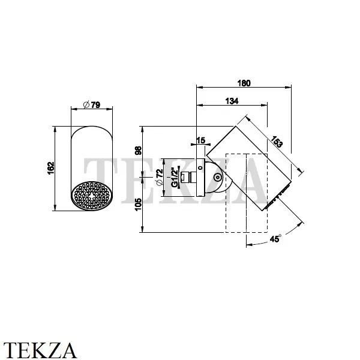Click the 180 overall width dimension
point(244,83)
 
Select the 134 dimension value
point(230,101)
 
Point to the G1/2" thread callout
point(174,178)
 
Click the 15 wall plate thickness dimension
point(200,140)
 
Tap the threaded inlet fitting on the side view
point(187,178)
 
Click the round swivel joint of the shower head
point(217,178)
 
